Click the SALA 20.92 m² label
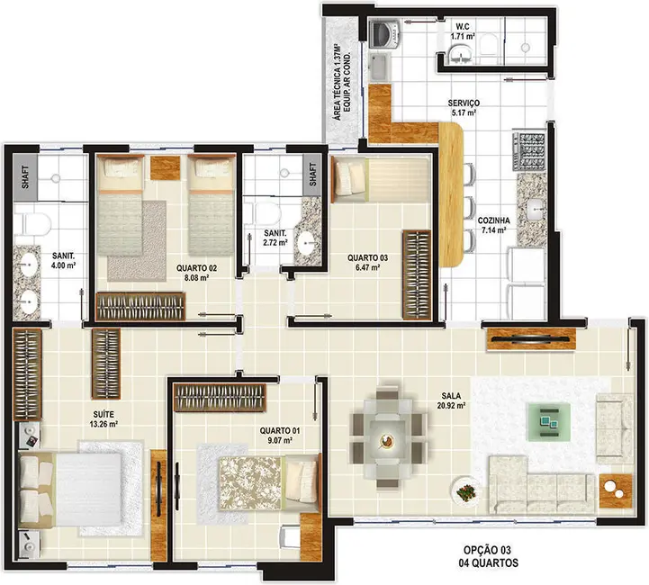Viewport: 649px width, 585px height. click(453, 400)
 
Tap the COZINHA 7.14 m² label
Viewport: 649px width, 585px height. click(494, 225)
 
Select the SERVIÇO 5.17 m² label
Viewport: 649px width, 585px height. click(464, 109)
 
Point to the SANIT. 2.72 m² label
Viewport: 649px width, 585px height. click(275, 237)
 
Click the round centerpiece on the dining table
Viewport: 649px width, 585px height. click(388, 441)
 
